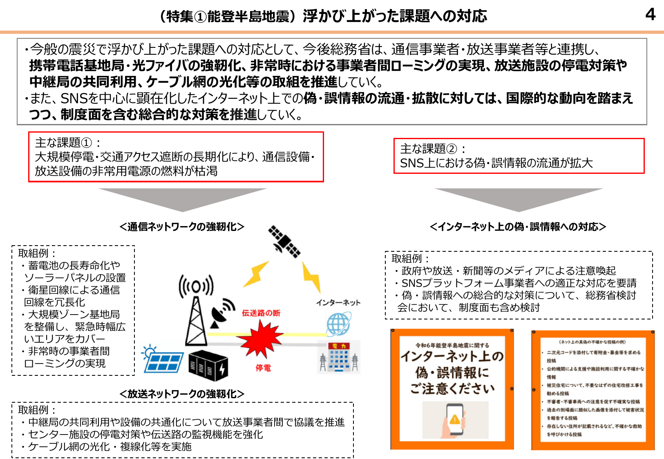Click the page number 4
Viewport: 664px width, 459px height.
(x=650, y=15)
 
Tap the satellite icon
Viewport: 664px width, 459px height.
(x=284, y=242)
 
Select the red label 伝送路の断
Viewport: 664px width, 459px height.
(x=261, y=313)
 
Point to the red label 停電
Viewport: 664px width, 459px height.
(x=263, y=368)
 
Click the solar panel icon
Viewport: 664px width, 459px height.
(x=162, y=359)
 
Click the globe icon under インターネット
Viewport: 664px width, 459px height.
(x=338, y=324)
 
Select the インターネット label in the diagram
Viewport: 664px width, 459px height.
(x=338, y=302)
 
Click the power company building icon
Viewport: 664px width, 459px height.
(x=339, y=357)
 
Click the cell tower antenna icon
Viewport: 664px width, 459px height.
(x=196, y=310)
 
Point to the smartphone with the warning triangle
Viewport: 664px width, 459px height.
(x=454, y=420)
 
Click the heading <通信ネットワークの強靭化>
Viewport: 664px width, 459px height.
(x=182, y=227)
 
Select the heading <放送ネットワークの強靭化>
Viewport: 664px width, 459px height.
(x=182, y=394)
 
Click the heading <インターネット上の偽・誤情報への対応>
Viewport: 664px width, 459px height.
(x=518, y=227)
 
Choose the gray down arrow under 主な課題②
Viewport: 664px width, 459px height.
(x=519, y=199)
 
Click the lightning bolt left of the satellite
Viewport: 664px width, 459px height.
(x=256, y=274)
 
